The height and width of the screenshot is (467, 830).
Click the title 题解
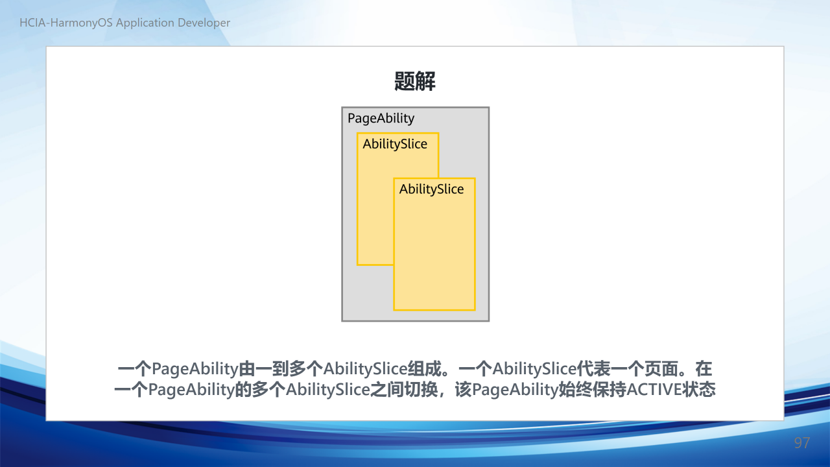pos(414,81)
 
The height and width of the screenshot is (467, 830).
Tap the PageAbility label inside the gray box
pos(381,119)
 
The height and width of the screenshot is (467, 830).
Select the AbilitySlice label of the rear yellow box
pos(395,144)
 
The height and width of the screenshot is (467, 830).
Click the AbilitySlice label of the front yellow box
pos(431,189)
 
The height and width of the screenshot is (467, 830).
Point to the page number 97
pos(802,442)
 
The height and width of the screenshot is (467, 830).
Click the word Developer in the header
pos(204,23)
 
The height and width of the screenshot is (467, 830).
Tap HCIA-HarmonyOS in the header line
pos(66,23)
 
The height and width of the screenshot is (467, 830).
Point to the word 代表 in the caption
pos(593,369)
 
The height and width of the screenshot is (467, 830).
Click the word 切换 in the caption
pos(421,390)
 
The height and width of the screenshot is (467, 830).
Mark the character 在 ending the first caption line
pos(704,369)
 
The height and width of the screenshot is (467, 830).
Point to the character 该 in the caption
pos(463,390)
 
